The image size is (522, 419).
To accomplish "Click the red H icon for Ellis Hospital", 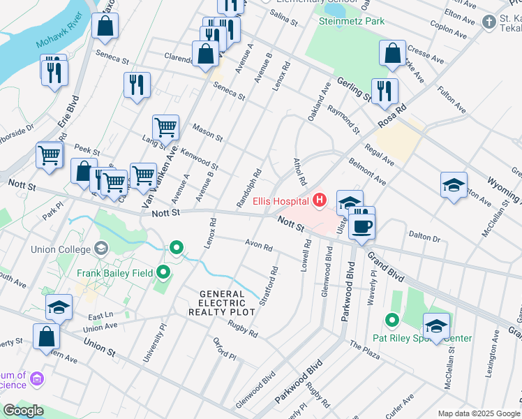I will [x=320, y=201].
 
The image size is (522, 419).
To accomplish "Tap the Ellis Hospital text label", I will [x=281, y=201].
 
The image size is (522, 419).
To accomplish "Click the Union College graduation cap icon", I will [x=101, y=249].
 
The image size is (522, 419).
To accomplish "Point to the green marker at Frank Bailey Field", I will [x=164, y=272].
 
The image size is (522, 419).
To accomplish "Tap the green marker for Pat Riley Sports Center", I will [x=391, y=321].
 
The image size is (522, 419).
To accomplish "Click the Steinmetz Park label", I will [x=352, y=22].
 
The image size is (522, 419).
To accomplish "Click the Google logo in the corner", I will [x=23, y=410].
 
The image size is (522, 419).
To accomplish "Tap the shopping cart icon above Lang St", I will [x=166, y=128].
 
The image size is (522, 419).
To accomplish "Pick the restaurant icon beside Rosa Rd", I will [x=385, y=91].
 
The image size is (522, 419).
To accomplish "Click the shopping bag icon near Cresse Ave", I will [x=393, y=53].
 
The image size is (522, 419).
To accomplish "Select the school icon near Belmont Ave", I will [x=454, y=185].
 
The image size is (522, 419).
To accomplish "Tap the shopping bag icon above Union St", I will [x=47, y=336].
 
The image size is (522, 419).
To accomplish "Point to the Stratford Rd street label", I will [x=269, y=286].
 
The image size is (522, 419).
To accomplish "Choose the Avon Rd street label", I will [x=258, y=246].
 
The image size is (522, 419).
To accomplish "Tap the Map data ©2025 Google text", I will [x=478, y=413].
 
